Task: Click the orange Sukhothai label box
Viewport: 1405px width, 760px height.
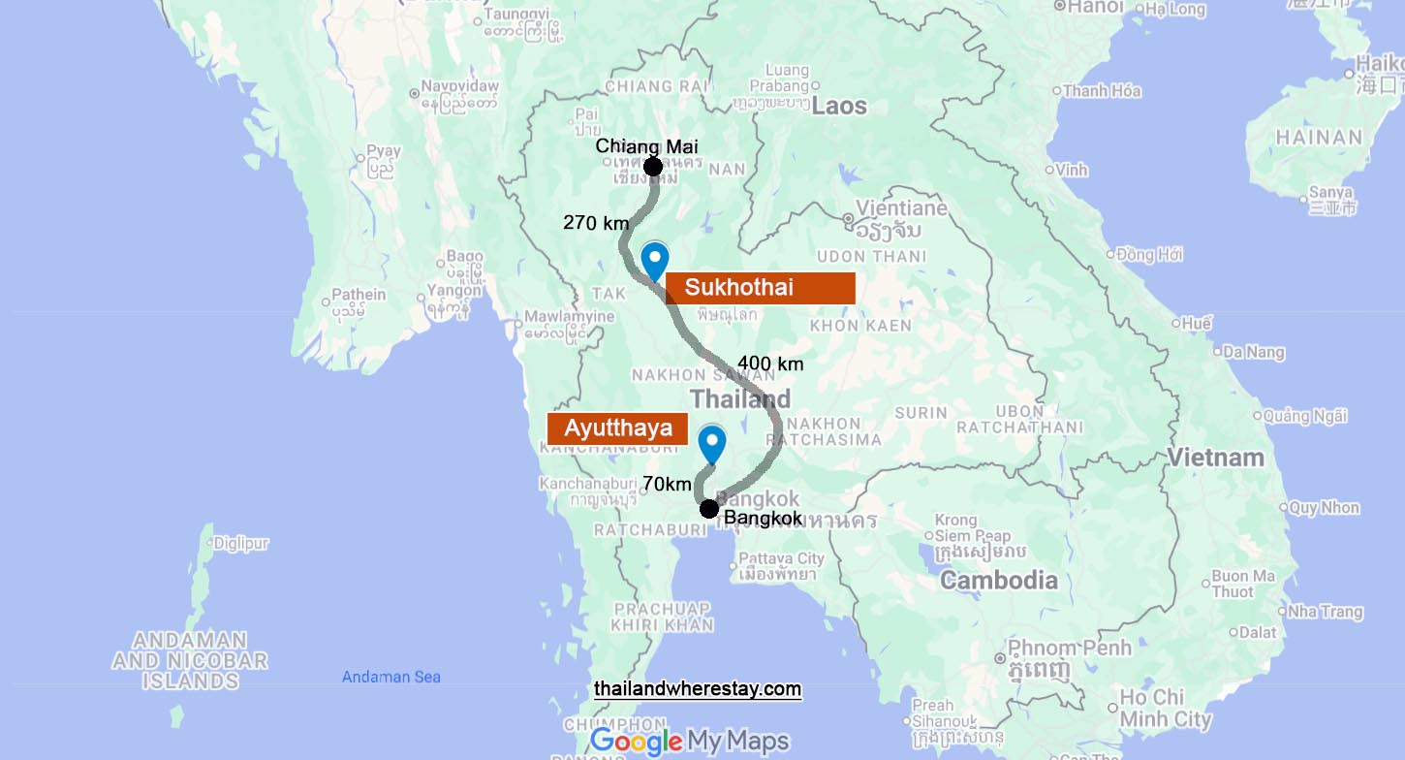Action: [x=760, y=288]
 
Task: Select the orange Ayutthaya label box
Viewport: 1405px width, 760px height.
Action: [x=617, y=428]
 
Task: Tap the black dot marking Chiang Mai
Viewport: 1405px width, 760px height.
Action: [x=653, y=167]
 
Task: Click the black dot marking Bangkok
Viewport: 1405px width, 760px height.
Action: [x=709, y=509]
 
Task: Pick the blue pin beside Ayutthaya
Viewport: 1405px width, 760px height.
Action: [x=712, y=444]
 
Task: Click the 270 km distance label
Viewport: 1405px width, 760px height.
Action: [x=596, y=223]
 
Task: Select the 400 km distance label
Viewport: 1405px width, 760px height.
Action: [x=770, y=364]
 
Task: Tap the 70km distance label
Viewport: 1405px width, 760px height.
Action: [x=667, y=484]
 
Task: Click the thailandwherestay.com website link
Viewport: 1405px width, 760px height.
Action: [x=698, y=689]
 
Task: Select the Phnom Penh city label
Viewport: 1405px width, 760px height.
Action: [x=1069, y=648]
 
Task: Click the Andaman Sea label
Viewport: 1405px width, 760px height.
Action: [x=391, y=677]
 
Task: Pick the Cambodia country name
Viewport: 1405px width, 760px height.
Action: [x=999, y=581]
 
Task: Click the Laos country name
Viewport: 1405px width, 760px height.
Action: [x=839, y=106]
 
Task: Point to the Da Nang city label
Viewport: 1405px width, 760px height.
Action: [x=1254, y=352]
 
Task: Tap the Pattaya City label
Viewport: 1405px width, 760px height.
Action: [x=781, y=558]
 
